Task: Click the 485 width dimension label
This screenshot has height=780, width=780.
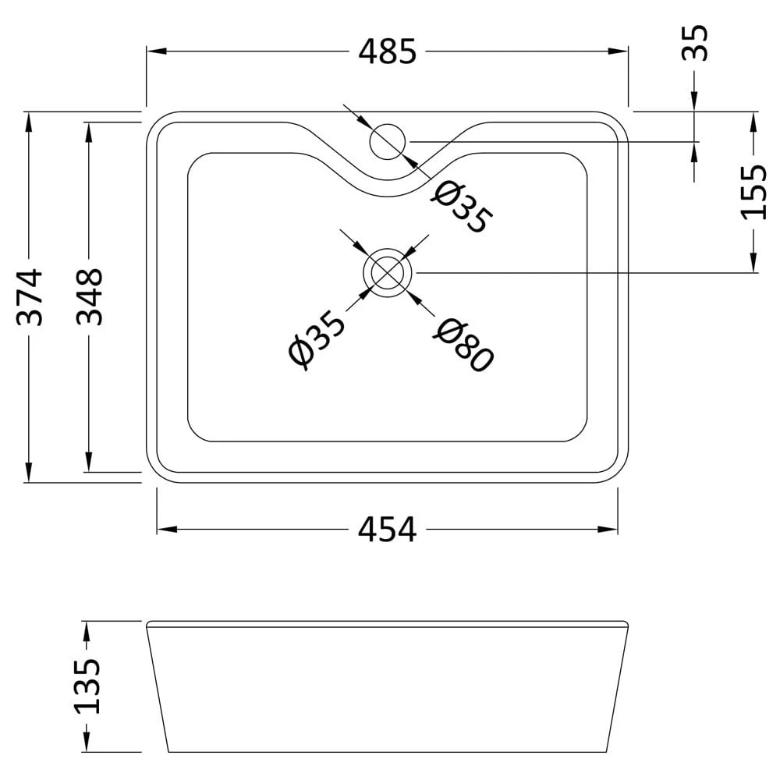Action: coord(388,52)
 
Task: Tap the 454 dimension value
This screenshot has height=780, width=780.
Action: coord(388,530)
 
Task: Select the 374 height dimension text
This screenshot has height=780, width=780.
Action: coord(29,297)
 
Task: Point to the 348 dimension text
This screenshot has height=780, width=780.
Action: coord(90,297)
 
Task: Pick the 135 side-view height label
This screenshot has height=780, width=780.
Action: coord(88,687)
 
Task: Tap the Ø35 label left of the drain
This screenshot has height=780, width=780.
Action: coord(315,341)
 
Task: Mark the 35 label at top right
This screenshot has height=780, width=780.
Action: coord(695,43)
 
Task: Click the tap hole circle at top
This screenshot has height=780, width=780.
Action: coord(388,141)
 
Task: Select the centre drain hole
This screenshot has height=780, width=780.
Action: coord(388,272)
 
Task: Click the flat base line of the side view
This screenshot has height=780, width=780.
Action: coord(388,752)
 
